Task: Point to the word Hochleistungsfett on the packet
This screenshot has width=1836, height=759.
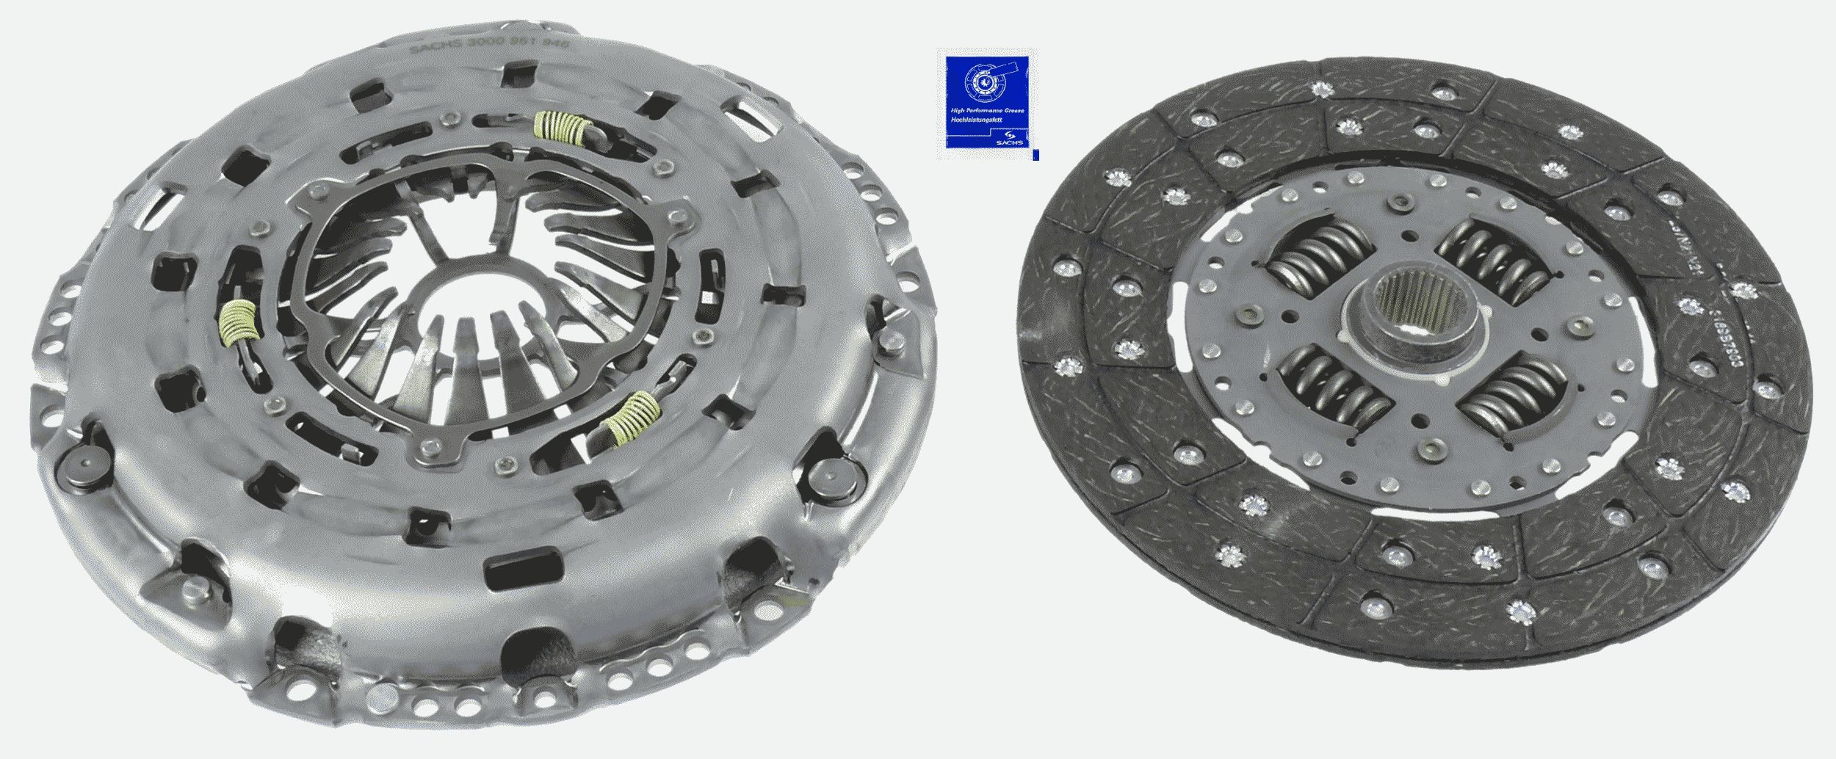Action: (973, 119)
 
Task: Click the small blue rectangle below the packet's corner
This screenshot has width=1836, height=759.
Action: (1036, 155)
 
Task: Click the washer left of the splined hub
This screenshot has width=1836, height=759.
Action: (1247, 316)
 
